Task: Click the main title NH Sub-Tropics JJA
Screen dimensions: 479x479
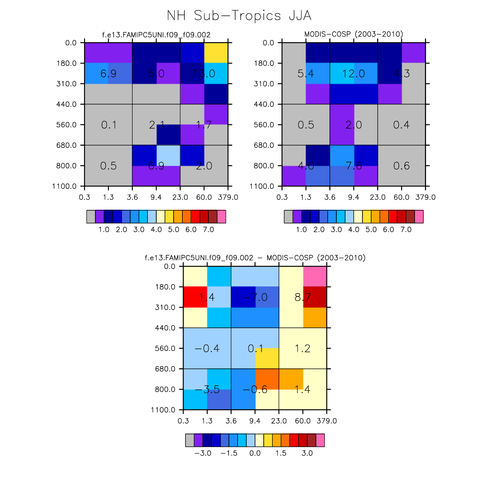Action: point(239,16)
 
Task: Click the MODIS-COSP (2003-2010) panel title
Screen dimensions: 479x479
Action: point(354,34)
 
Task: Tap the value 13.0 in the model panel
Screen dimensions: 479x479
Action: point(204,74)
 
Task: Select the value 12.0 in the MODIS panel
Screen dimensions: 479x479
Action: point(353,74)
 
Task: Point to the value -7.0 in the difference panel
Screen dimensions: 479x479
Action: point(255,297)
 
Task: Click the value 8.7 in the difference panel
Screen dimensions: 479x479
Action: point(303,297)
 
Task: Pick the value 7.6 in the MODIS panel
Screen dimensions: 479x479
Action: point(353,166)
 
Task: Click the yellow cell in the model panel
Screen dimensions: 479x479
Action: point(216,53)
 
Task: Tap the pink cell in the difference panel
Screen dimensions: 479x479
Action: point(315,276)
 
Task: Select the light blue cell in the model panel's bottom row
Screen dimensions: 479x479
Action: point(168,155)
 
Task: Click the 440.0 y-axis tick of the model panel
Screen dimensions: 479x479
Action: point(67,104)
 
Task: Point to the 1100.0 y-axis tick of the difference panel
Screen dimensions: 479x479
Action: point(163,410)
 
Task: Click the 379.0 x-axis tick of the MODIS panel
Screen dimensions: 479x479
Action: point(425,197)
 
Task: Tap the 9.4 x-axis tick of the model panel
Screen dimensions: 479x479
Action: point(156,197)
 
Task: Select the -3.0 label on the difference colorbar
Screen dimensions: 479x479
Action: point(203,453)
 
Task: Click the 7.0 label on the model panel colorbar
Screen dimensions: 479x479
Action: point(208,229)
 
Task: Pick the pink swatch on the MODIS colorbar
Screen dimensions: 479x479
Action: point(419,217)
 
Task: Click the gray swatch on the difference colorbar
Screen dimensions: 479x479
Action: point(190,440)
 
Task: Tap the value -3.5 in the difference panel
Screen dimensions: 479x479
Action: point(207,389)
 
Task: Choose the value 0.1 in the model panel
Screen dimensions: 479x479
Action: point(108,125)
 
